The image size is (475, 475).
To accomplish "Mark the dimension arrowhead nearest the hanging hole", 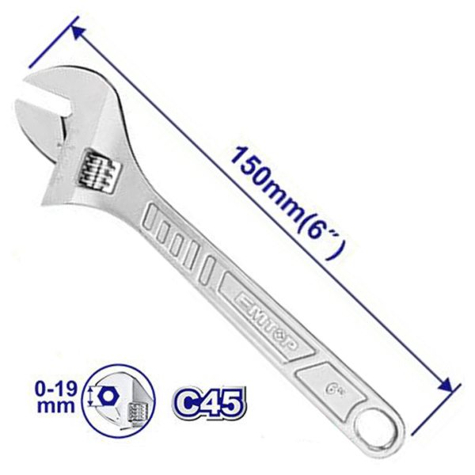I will tap(450, 387).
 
